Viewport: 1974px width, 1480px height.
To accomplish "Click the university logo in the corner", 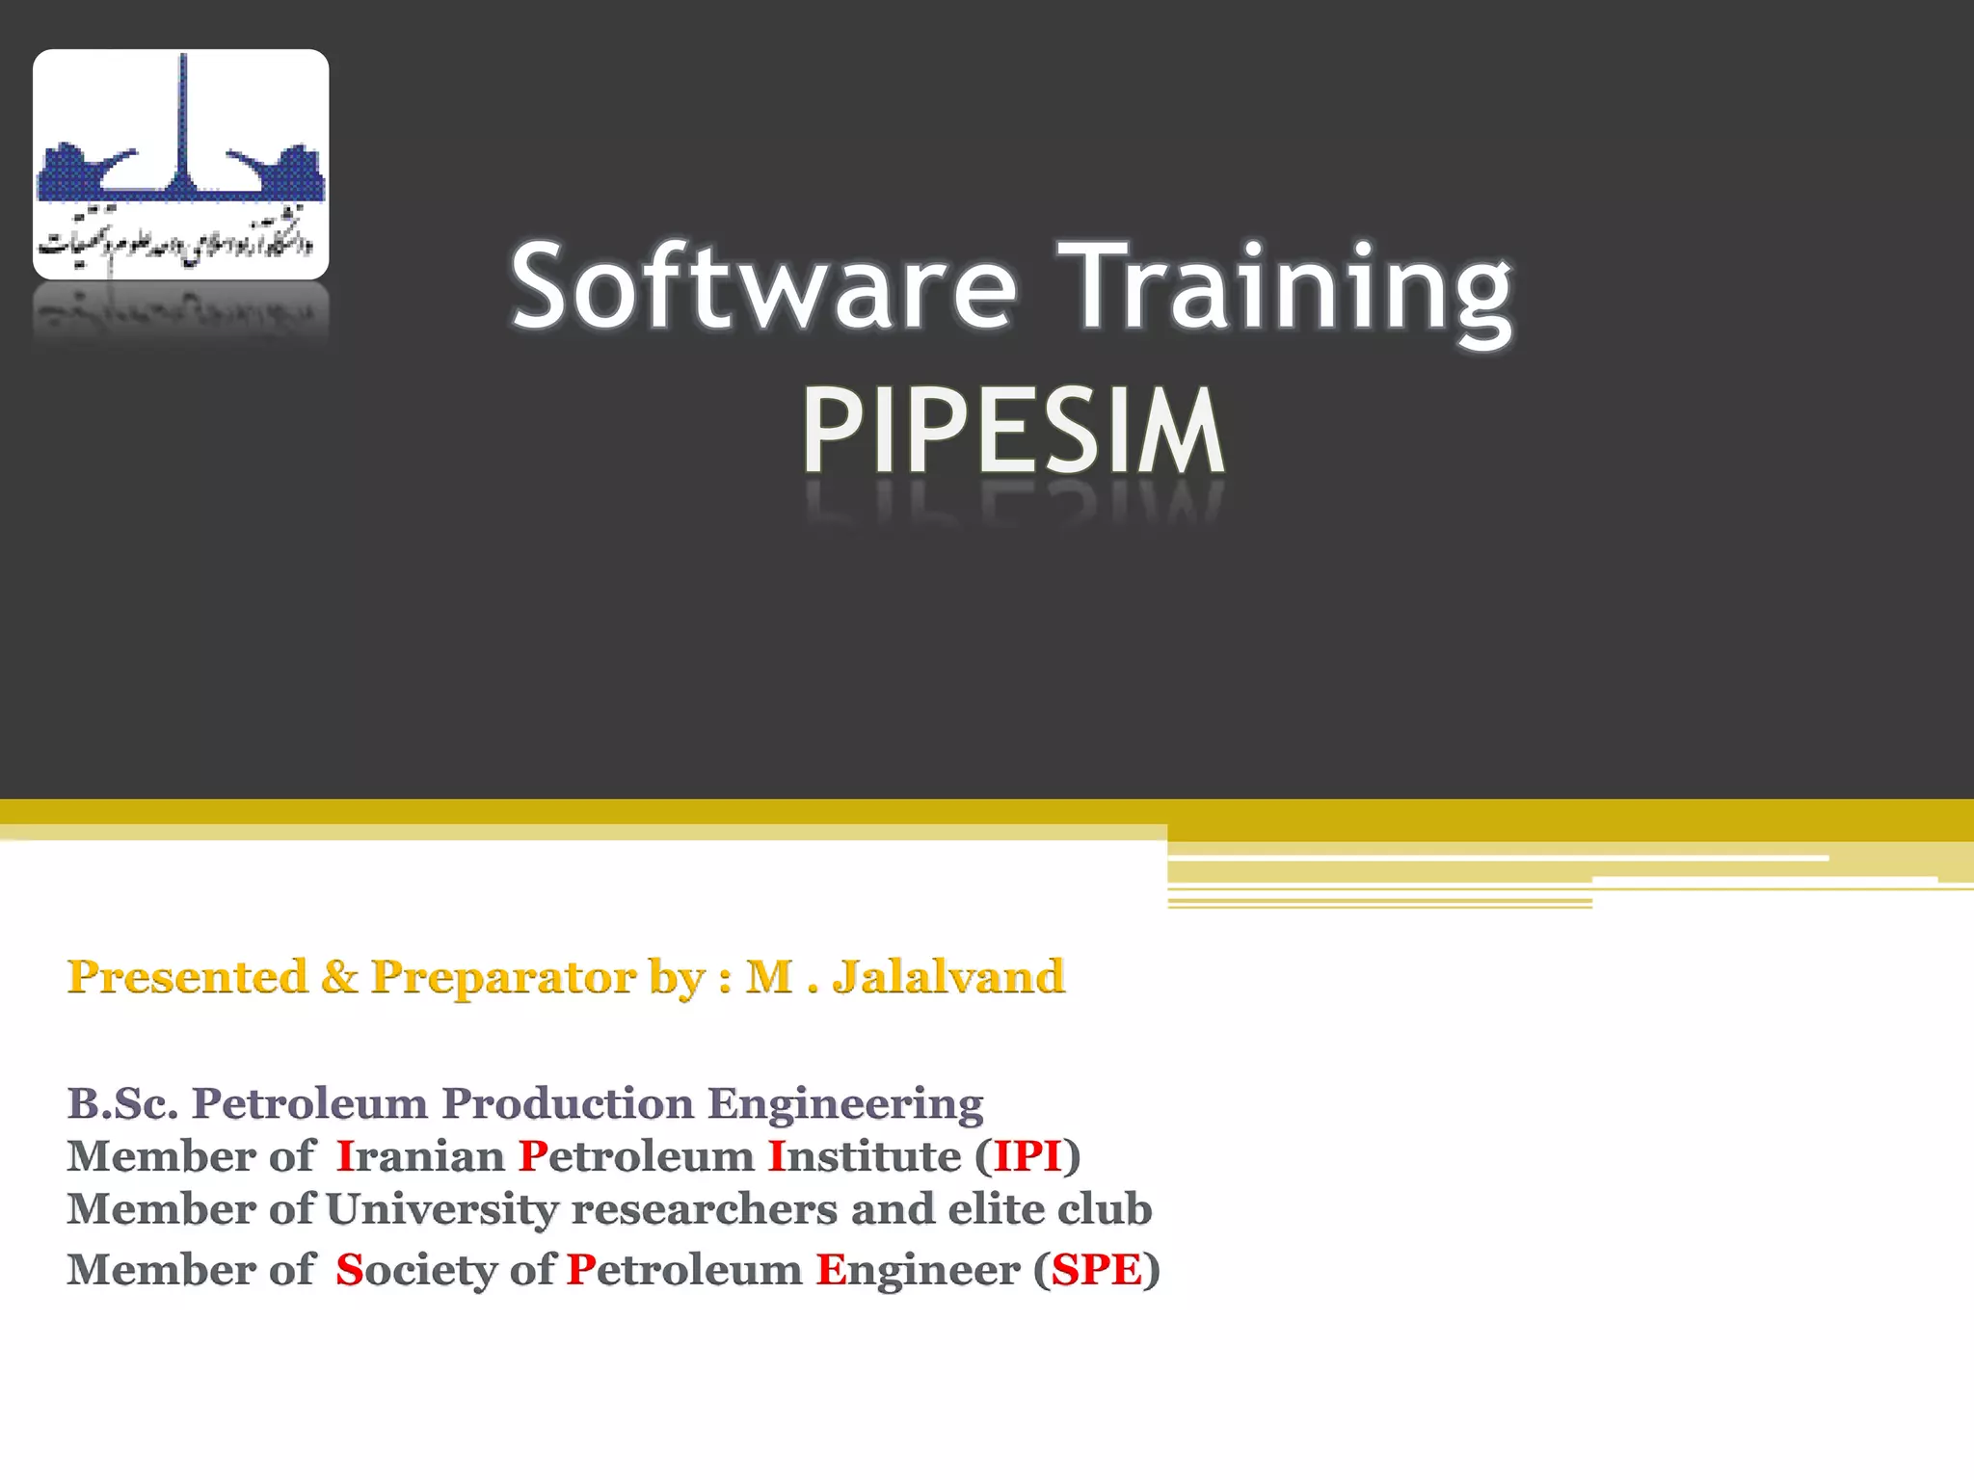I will pyautogui.click(x=181, y=165).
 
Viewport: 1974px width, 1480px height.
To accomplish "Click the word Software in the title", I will pyautogui.click(x=762, y=286).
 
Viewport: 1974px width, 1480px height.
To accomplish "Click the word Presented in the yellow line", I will pyautogui.click(x=187, y=976).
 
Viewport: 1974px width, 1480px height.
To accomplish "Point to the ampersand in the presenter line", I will pyautogui.click(x=338, y=976).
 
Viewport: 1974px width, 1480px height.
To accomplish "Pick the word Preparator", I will pyautogui.click(x=503, y=978).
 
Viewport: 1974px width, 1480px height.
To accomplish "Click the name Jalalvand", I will pyautogui.click(x=948, y=976).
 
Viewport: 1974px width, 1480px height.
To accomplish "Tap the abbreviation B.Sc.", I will pyautogui.click(x=122, y=1103).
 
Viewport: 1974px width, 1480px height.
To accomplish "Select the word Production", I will pyautogui.click(x=568, y=1103).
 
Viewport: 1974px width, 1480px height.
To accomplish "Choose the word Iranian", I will pyautogui.click(x=420, y=1156).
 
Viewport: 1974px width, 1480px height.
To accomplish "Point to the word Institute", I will pyautogui.click(x=865, y=1156).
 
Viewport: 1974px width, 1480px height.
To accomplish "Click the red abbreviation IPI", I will pyautogui.click(x=1027, y=1156).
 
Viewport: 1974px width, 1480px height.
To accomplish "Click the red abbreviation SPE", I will pyautogui.click(x=1097, y=1270).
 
